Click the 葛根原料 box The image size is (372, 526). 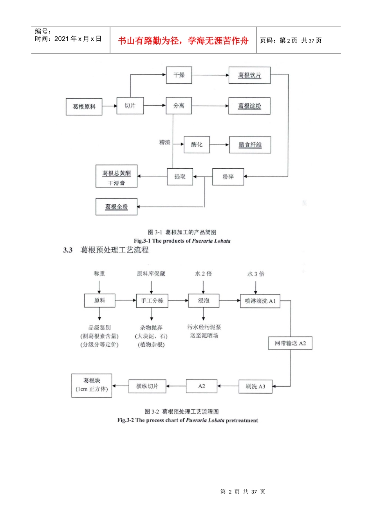pos(84,107)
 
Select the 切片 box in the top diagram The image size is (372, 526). pos(130,106)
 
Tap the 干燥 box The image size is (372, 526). pos(179,75)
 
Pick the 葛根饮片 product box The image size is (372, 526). pos(249,75)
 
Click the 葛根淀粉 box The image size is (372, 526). pos(249,106)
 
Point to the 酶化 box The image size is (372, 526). pos(197,145)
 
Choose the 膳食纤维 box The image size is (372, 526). pos(250,145)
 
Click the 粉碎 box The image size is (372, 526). pos(228,177)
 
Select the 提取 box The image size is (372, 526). pos(180,177)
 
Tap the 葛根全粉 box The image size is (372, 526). pos(116,207)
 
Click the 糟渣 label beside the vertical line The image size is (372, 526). pos(164,142)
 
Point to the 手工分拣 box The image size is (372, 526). pos(152,301)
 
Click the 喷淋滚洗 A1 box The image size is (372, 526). pos(260,301)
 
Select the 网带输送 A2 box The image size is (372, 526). pos(290,343)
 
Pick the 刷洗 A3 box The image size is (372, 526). pos(255,386)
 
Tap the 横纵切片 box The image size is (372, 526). pos(147,386)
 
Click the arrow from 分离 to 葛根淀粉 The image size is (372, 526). pos(210,106)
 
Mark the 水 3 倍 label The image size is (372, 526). pos(256,274)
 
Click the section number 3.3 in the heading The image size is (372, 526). pos(68,250)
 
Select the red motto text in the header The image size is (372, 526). pos(183,41)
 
